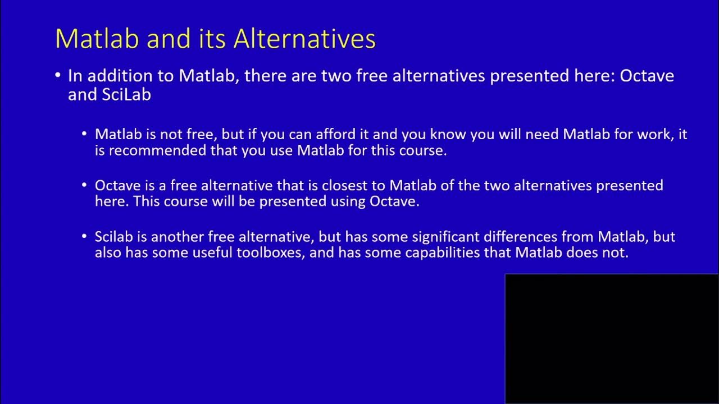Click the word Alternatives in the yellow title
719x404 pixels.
[304, 39]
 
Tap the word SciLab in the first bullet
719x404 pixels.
[126, 95]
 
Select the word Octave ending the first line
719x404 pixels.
[647, 76]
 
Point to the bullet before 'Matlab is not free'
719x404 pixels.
[84, 135]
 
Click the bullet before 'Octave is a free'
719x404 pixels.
[84, 186]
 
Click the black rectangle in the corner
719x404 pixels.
[612, 338]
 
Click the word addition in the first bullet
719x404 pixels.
[116, 76]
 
